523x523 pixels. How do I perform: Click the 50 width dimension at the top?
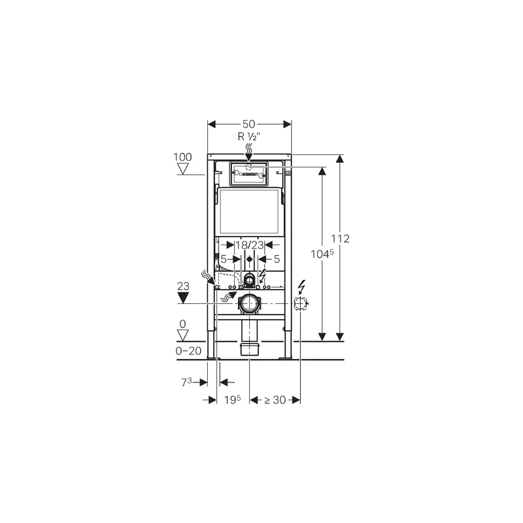[249, 124]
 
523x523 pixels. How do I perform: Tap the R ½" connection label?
[249, 137]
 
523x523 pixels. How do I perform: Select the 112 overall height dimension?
[340, 239]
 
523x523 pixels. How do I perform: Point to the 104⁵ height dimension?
[322, 254]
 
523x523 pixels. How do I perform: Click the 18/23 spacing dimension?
[250, 245]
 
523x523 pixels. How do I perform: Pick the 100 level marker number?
[183, 157]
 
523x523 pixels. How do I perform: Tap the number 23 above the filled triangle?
[183, 286]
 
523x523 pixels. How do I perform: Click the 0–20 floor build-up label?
[188, 350]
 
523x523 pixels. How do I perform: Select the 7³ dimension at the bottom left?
[186, 382]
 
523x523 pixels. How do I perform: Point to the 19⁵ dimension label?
[232, 399]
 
